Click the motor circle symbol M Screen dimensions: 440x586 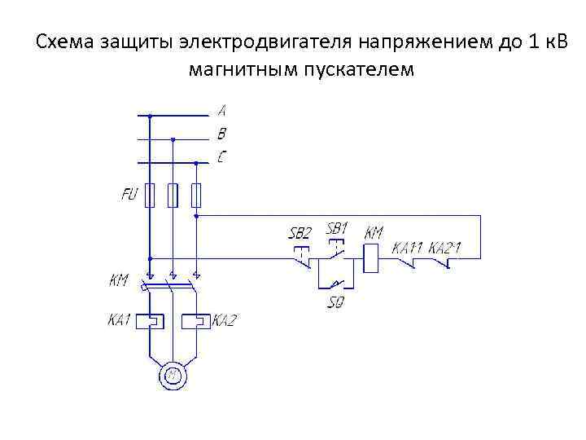point(172,376)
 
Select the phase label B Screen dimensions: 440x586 point(221,133)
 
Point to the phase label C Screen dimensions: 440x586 point(221,156)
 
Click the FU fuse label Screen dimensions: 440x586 point(129,195)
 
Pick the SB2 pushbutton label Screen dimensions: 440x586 point(300,233)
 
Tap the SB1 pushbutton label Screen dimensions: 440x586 point(337,228)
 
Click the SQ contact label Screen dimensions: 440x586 point(335,303)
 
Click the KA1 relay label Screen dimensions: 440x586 point(119,320)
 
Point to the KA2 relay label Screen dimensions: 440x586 point(224,320)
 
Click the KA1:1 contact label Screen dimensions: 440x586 point(409,247)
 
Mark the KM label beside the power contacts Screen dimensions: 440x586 point(119,280)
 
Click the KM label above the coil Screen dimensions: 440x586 point(373,232)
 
